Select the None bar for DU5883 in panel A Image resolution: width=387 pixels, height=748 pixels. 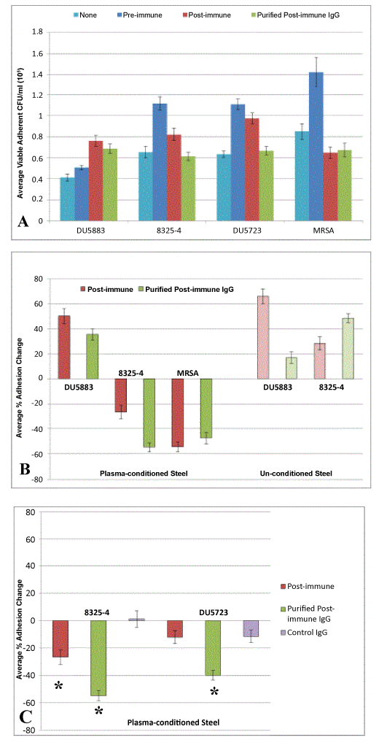67,199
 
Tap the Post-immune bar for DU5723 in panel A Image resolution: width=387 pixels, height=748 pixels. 258,169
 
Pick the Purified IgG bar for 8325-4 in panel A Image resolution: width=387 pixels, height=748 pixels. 191,188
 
